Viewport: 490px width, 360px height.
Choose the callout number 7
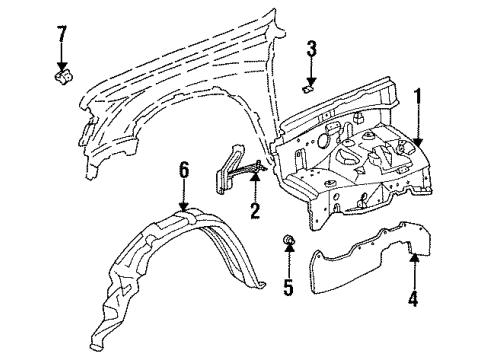(62, 37)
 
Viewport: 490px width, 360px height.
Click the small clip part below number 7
(62, 74)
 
